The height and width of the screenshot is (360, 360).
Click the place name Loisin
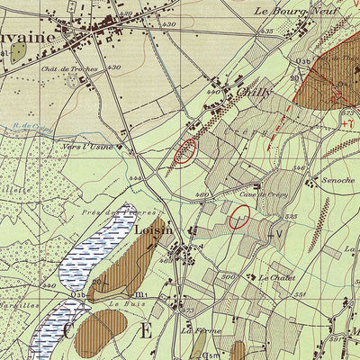pos(153,231)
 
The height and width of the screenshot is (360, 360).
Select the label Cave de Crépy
pos(264,195)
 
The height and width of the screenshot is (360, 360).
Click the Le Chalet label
pos(276,278)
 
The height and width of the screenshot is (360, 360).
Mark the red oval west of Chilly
pos(185,150)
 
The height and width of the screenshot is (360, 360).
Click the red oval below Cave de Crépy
pos(239,217)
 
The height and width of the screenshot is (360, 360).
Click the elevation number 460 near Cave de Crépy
pos(202,194)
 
